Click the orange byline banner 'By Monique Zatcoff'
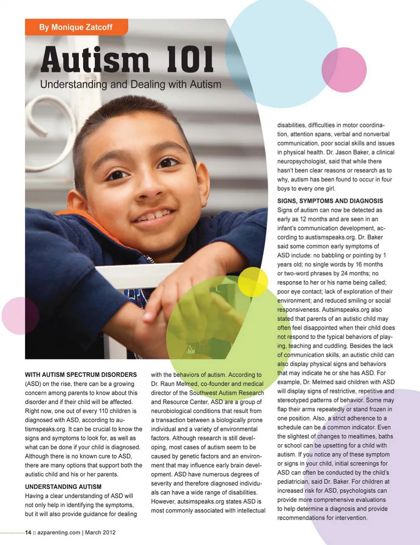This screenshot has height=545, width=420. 76,27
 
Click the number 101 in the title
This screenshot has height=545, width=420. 190,60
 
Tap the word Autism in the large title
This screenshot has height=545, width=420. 95,60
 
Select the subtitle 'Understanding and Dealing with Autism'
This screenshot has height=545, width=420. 130,84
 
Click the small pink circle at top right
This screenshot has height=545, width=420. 344,70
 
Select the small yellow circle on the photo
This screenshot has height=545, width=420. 253,282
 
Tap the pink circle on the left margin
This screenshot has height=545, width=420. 20,316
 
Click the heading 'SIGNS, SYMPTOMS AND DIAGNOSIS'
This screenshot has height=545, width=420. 330,201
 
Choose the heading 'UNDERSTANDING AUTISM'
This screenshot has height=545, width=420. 63,487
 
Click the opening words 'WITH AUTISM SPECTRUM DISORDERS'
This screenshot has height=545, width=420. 81,375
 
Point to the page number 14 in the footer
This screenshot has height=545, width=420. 28,532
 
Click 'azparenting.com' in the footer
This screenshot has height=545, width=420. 59,532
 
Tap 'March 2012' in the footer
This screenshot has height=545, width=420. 100,532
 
